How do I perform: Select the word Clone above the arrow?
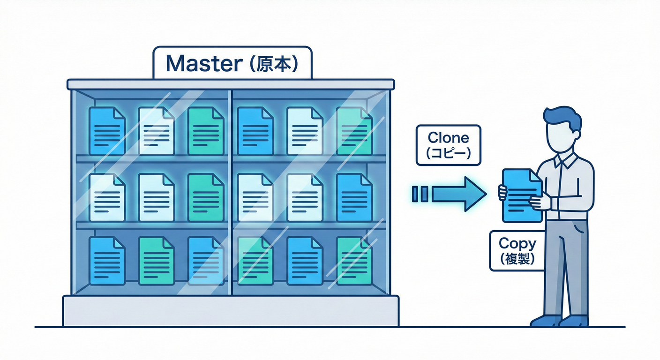pyautogui.click(x=448, y=138)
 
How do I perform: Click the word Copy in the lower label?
pyautogui.click(x=517, y=243)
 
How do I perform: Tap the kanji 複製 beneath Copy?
pyautogui.click(x=517, y=259)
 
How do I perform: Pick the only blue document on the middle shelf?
pyautogui.click(x=354, y=197)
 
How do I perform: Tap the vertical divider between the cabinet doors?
pyautogui.click(x=230, y=192)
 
